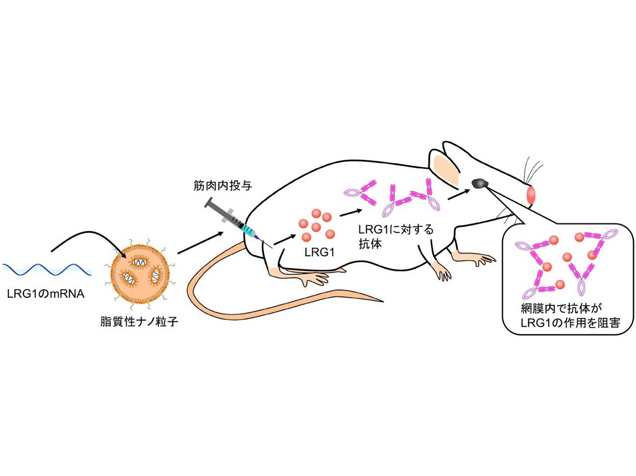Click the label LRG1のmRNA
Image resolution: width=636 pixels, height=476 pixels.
click(46, 294)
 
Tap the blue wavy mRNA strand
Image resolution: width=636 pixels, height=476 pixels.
click(47, 268)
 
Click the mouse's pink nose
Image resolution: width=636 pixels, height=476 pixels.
click(531, 195)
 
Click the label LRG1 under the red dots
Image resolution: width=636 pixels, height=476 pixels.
click(319, 252)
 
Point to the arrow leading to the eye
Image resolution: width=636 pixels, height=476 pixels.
click(458, 194)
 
